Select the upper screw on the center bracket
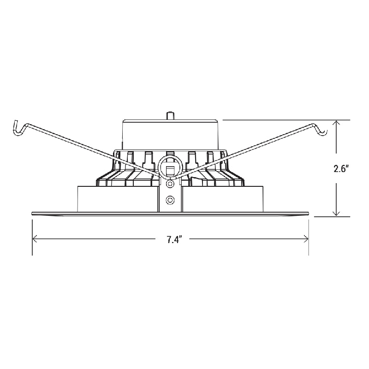[x=170, y=184]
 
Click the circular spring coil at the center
[x=170, y=165]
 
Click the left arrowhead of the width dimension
[x=36, y=238]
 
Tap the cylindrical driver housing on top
[x=170, y=134]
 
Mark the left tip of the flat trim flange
[x=33, y=213]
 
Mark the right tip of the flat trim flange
[x=308, y=213]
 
